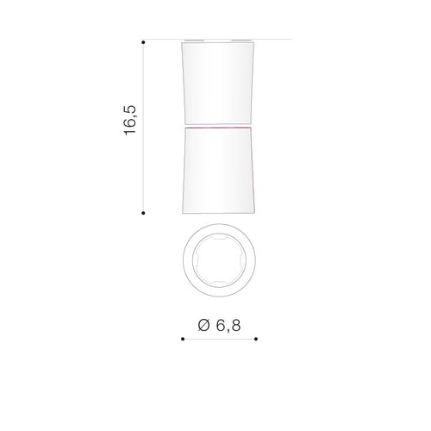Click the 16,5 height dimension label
(130, 121)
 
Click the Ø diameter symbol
(204, 325)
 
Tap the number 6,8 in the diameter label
(228, 326)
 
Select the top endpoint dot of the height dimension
(143, 42)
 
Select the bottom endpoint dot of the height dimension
(143, 213)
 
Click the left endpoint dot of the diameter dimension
(183, 339)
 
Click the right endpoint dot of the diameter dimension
(256, 339)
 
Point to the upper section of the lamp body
(218, 84)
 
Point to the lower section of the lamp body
(218, 171)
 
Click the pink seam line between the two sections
(218, 127)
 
